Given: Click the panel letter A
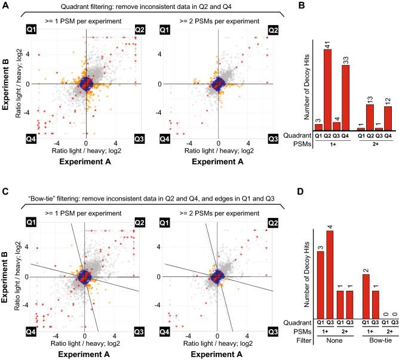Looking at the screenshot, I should (x=5, y=5).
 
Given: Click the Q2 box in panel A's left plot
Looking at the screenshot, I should (x=139, y=29).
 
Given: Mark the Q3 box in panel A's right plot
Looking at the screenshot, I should (x=272, y=139).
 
